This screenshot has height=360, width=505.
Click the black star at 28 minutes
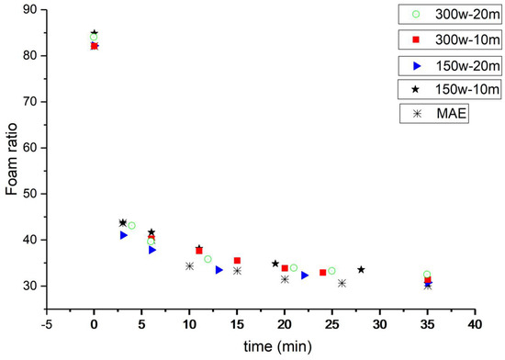coord(361,269)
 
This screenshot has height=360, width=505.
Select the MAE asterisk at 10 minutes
coord(189,265)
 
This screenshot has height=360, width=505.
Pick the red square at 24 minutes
coord(322,273)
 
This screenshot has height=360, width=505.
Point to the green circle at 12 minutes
coord(208,259)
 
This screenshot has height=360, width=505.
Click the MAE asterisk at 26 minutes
coord(342,283)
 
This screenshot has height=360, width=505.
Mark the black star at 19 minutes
coord(275,264)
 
